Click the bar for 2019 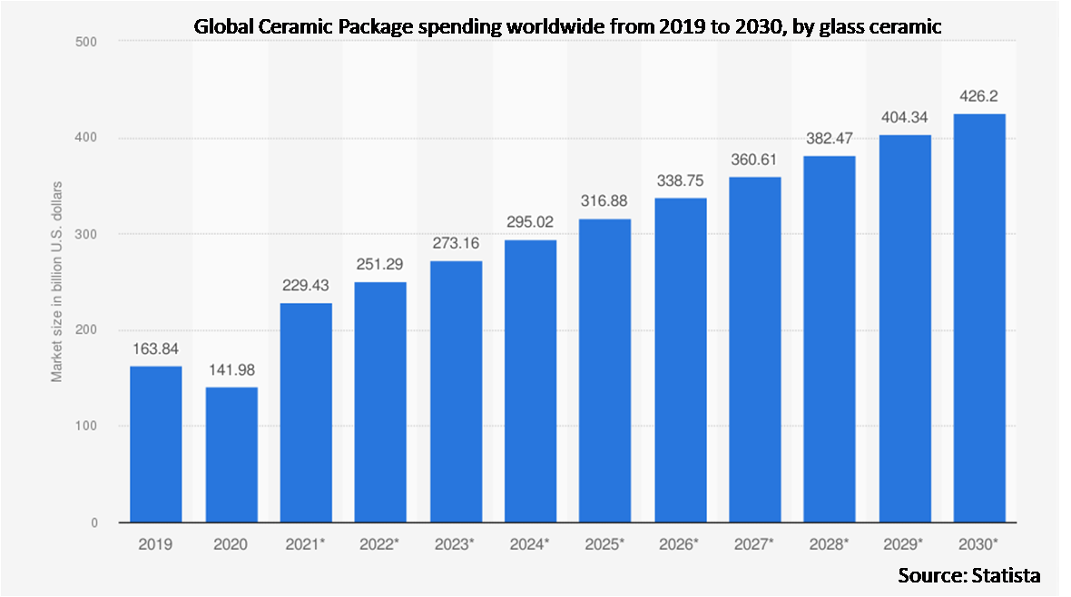tap(155, 445)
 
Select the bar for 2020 tap(231, 455)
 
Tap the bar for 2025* tap(605, 371)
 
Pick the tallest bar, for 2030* tap(979, 318)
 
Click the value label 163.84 tap(155, 347)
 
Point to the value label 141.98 tap(231, 369)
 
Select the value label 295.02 tap(530, 222)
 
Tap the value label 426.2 tap(979, 96)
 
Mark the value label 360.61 tap(755, 160)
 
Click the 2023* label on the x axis tap(456, 544)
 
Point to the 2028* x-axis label tap(830, 544)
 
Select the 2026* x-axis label tap(680, 544)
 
